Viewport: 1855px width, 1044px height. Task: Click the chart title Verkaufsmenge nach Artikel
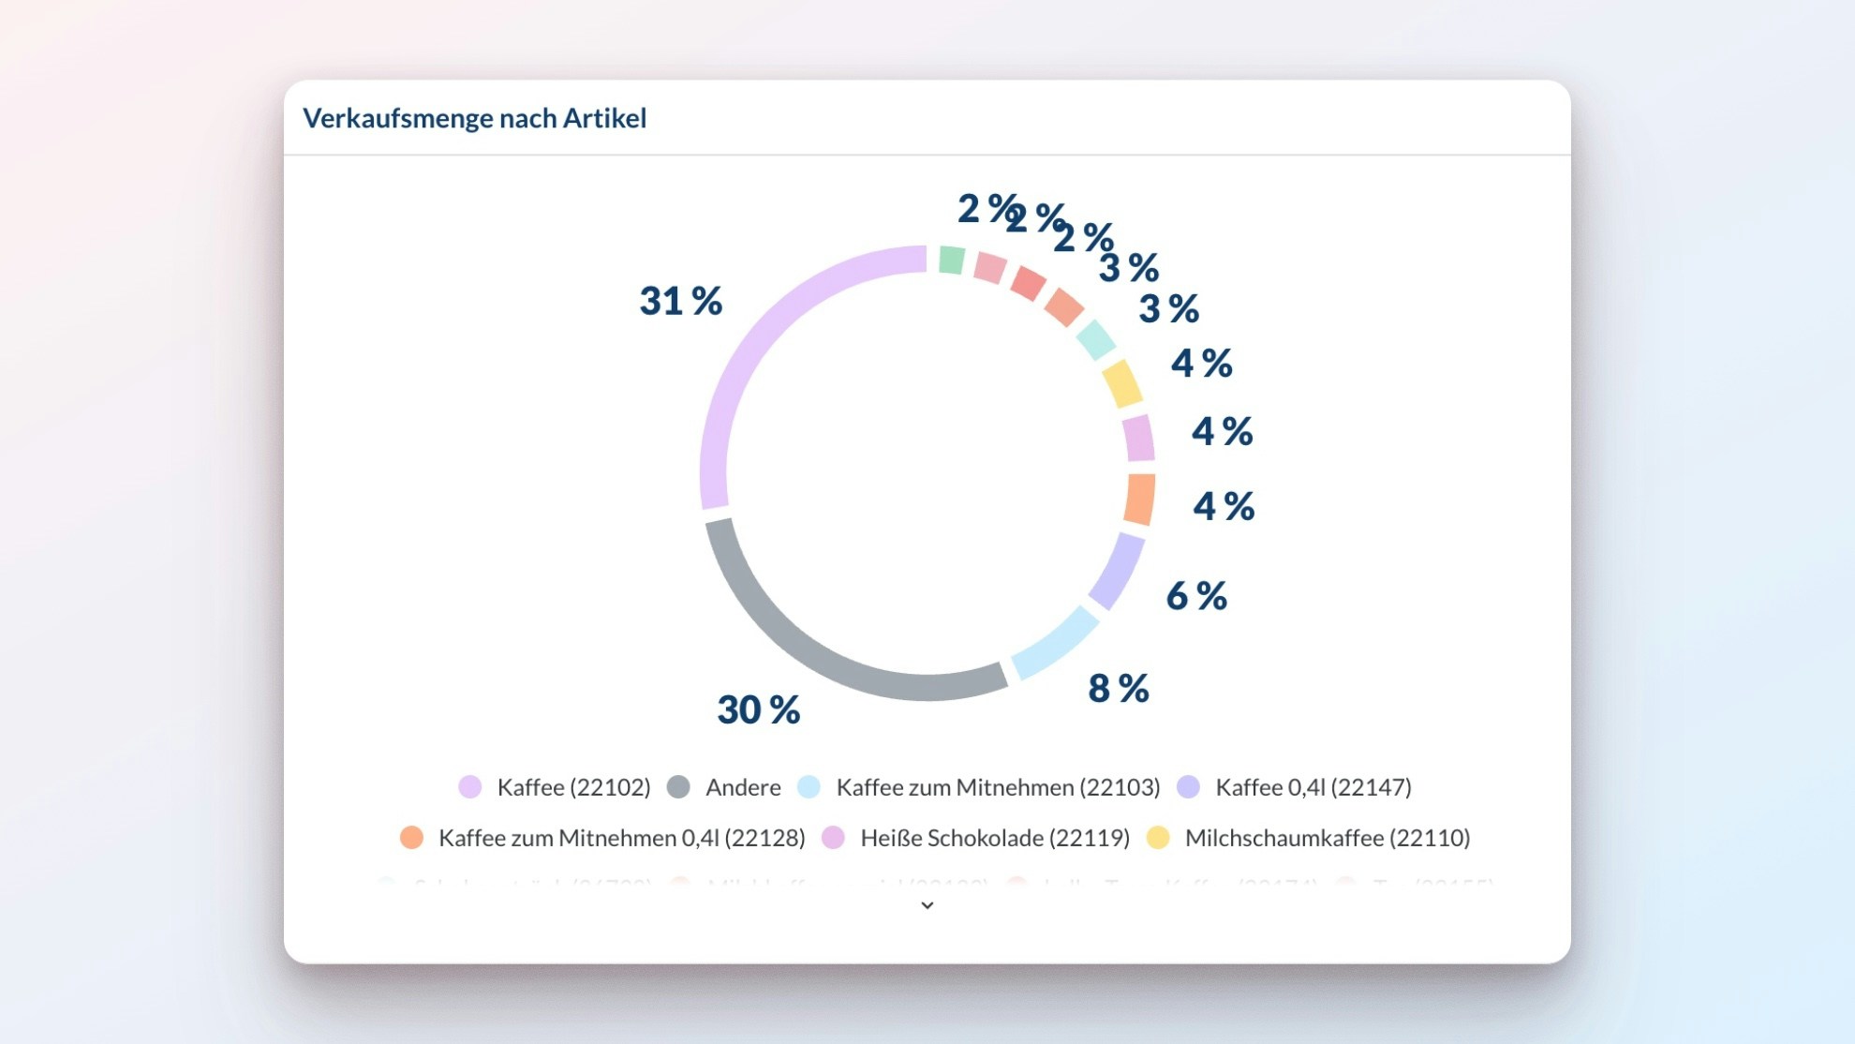[x=474, y=118]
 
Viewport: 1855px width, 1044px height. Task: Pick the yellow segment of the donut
[x=1121, y=383]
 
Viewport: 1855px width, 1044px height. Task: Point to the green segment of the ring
[x=952, y=260]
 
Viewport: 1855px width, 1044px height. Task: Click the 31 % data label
[x=681, y=302]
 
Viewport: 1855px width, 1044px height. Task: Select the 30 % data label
[x=759, y=710]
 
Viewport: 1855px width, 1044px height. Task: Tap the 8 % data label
[x=1119, y=689]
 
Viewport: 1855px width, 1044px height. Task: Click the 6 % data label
[x=1196, y=596]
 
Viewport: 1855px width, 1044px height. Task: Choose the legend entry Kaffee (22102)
[x=573, y=787]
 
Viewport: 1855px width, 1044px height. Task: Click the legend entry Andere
[x=743, y=787]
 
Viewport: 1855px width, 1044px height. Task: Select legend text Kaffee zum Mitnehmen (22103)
[x=998, y=787]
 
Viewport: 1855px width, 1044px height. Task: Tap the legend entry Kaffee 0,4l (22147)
[x=1313, y=787]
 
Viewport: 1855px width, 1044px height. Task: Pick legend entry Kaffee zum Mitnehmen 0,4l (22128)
[x=621, y=838]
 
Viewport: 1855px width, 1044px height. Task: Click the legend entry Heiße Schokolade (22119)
[x=995, y=838]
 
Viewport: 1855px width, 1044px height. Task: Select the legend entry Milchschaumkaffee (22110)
[x=1328, y=838]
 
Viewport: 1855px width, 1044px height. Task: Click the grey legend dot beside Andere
[x=678, y=787]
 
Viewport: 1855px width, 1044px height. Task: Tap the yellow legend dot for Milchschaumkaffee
[x=1159, y=838]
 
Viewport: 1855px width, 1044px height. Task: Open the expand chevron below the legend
[x=927, y=905]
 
